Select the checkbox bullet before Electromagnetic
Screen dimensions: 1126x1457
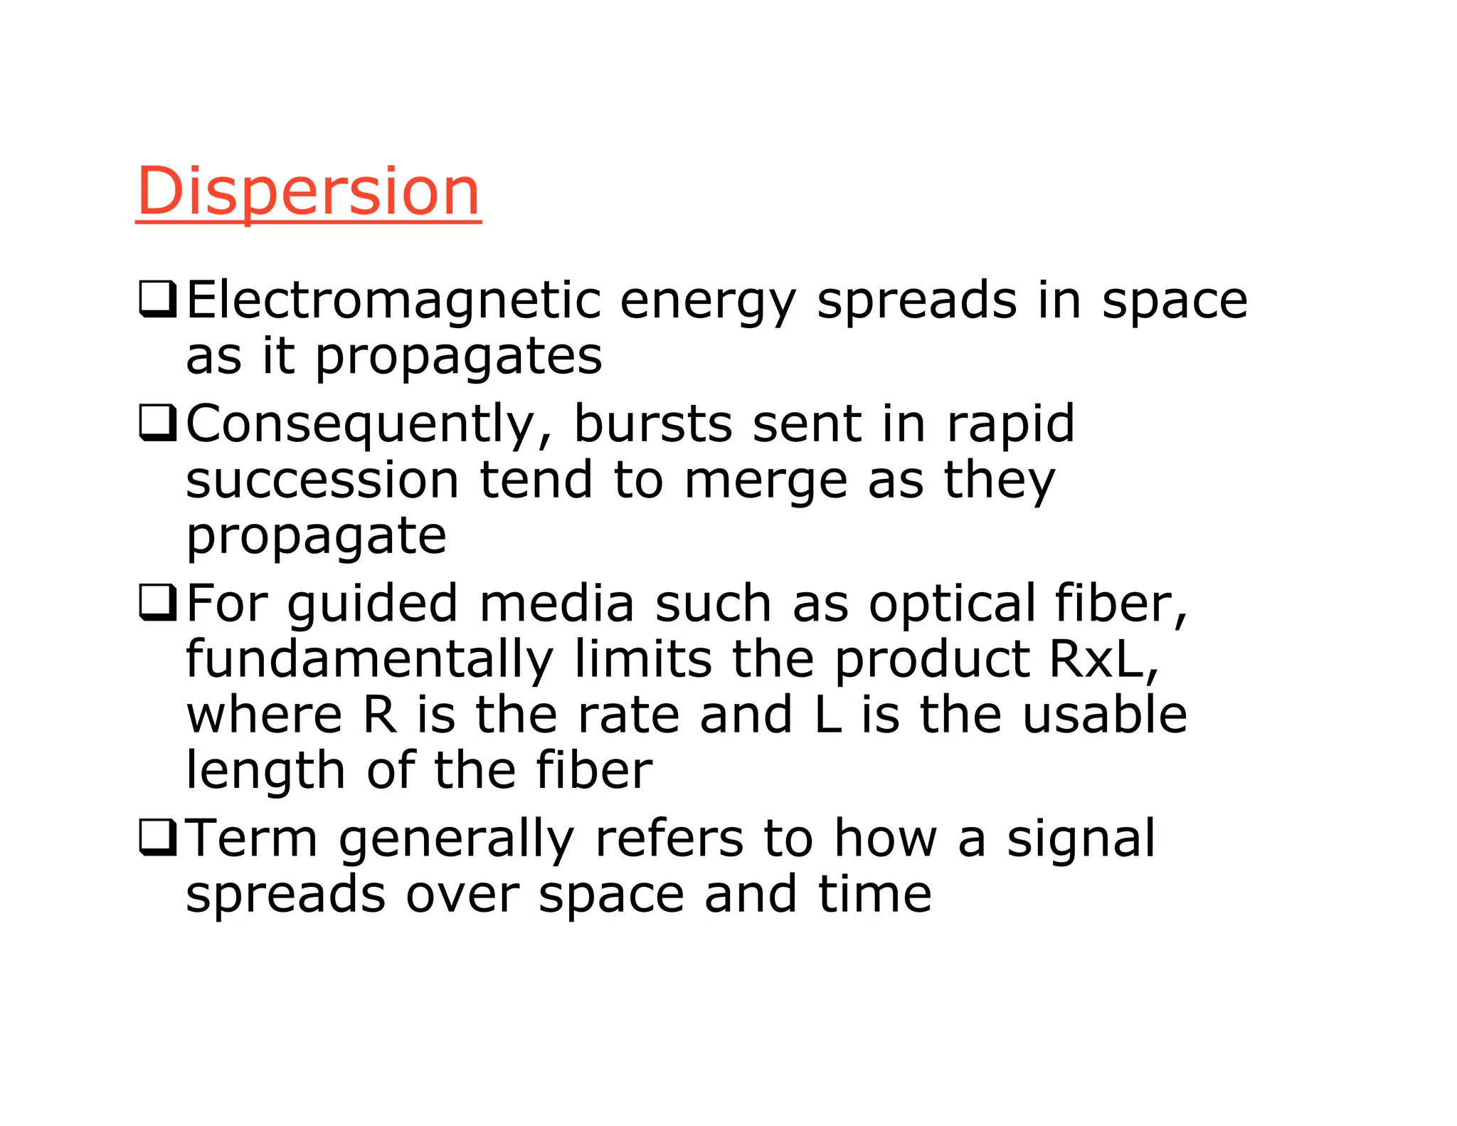(x=157, y=299)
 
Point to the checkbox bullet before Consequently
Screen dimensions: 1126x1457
(x=157, y=423)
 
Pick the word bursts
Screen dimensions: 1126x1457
(x=652, y=423)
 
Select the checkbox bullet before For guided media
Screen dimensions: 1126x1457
(x=157, y=602)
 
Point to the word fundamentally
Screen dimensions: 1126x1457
(x=369, y=659)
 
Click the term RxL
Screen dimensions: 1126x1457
(x=1102, y=659)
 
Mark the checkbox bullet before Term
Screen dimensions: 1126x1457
(x=157, y=837)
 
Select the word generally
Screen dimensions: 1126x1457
(x=456, y=839)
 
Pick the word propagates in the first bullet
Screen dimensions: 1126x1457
(x=458, y=356)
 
